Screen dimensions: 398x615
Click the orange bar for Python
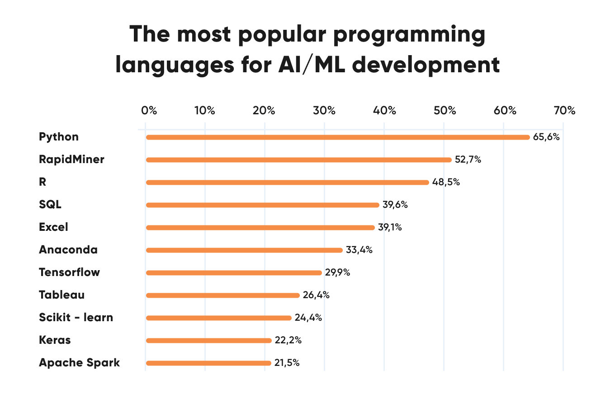click(x=337, y=137)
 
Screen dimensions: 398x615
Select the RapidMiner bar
click(x=298, y=160)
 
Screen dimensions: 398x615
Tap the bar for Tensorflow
click(x=234, y=273)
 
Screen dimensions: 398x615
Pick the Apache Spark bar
click(x=208, y=363)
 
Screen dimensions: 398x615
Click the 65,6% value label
click(x=546, y=137)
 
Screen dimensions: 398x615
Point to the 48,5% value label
click(x=446, y=182)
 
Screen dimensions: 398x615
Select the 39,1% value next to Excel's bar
click(x=390, y=227)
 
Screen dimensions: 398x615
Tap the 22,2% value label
click(x=288, y=340)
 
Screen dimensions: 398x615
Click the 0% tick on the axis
click(x=149, y=110)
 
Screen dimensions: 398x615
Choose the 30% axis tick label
click(x=324, y=110)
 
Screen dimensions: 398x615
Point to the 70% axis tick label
click(x=564, y=110)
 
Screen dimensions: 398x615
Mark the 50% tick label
click(x=444, y=110)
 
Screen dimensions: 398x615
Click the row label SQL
click(x=50, y=205)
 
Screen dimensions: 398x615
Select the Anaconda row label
click(x=68, y=250)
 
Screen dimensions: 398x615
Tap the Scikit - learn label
click(x=76, y=318)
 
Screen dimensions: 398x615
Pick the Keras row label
click(x=55, y=340)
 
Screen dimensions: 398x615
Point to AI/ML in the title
click(x=312, y=65)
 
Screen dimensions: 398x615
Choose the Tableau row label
click(x=61, y=295)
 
